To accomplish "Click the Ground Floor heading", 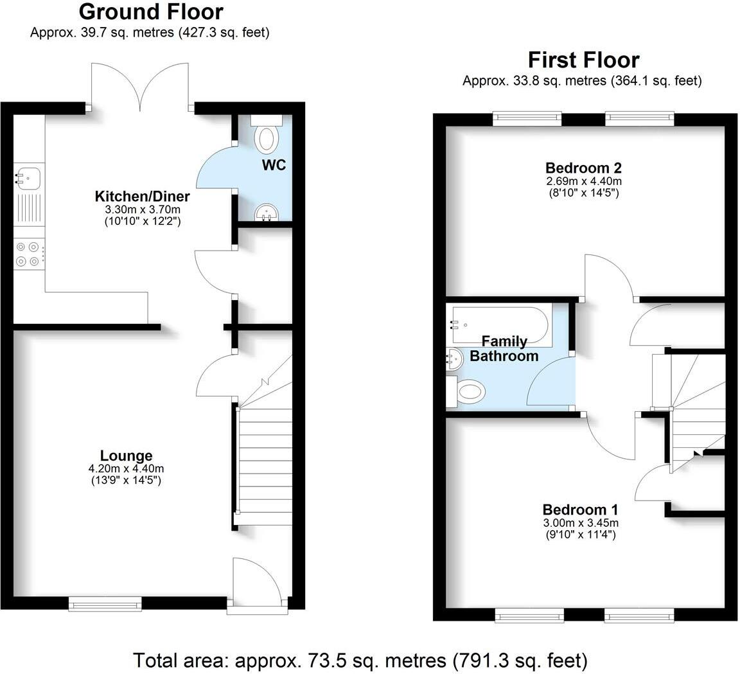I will pyautogui.click(x=151, y=12).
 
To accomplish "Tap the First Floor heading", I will pyautogui.click(x=583, y=60).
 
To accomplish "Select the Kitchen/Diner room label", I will pyautogui.click(x=142, y=196).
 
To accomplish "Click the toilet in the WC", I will pyautogui.click(x=266, y=137).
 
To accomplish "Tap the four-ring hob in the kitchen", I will pyautogui.click(x=28, y=253).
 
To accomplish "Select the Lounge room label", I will pyautogui.click(x=126, y=456).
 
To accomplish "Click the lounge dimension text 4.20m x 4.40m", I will pyautogui.click(x=126, y=469).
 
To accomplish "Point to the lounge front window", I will pyautogui.click(x=105, y=603).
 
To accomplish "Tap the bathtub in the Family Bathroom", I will pyautogui.click(x=499, y=318).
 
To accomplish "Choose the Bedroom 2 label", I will pyautogui.click(x=583, y=168).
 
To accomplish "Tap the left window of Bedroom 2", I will pyautogui.click(x=527, y=118).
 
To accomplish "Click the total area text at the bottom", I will pyautogui.click(x=360, y=660).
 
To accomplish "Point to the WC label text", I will pyautogui.click(x=273, y=165).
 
